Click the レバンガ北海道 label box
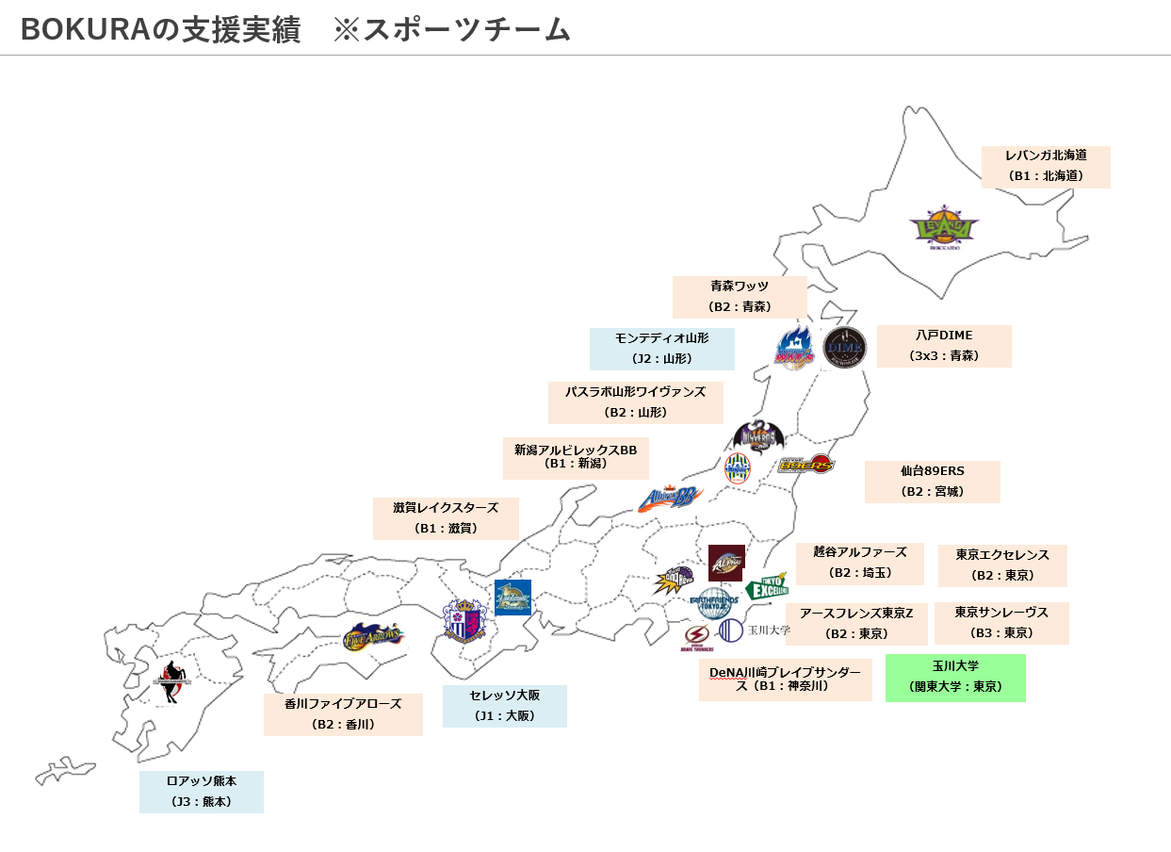[x=1046, y=167]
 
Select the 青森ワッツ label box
[x=740, y=297]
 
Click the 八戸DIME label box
[x=944, y=346]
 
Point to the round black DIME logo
[x=844, y=349]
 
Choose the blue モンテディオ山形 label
[x=661, y=349]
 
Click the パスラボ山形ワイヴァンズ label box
[x=635, y=402]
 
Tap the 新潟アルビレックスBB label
[x=576, y=458]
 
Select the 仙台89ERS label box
[x=932, y=482]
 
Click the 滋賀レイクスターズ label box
[x=446, y=518]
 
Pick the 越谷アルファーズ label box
[x=860, y=563]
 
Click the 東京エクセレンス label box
[x=1002, y=565]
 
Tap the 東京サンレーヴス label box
[x=1001, y=623]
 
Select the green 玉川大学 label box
[x=955, y=678]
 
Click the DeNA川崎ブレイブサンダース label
[x=785, y=680]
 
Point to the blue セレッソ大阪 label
[x=504, y=706]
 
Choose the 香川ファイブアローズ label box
[x=343, y=714]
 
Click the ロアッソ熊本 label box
[x=201, y=792]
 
